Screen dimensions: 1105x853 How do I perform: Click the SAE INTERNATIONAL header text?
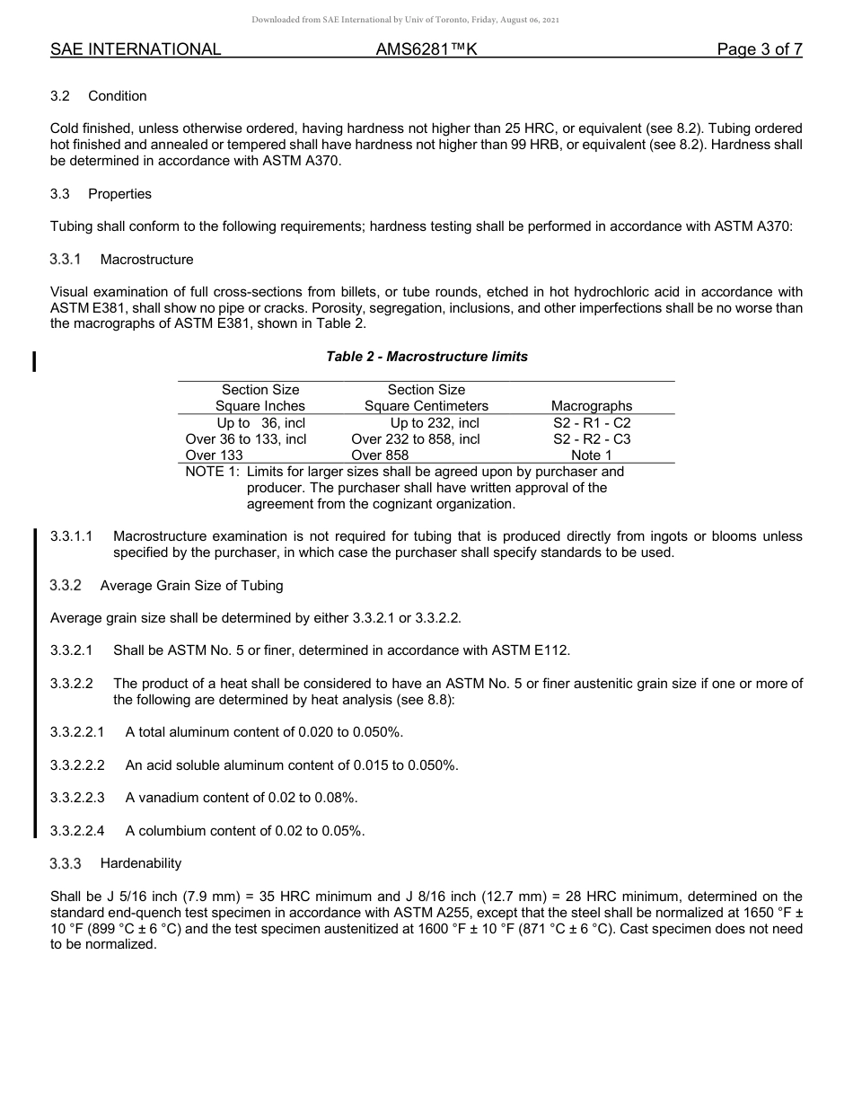point(136,49)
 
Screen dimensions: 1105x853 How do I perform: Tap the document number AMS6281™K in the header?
point(426,49)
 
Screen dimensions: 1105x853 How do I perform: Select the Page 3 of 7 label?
point(759,49)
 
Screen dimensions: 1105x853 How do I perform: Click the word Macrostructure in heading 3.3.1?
point(146,260)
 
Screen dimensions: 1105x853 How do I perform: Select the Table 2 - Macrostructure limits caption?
point(426,357)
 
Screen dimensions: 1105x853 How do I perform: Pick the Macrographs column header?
point(592,406)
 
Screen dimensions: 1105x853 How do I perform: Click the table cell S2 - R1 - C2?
point(592,422)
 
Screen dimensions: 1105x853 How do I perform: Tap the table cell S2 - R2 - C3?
point(592,439)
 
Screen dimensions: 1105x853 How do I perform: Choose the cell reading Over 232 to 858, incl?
point(416,439)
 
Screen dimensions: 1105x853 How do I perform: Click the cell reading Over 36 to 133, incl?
point(245,439)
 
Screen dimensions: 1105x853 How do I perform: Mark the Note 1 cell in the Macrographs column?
point(592,455)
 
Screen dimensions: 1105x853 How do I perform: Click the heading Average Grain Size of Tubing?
point(191,586)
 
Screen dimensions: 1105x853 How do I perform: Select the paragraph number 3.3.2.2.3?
point(78,798)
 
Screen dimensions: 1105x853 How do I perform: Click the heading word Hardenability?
point(141,863)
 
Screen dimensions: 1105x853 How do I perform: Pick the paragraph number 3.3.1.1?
point(72,536)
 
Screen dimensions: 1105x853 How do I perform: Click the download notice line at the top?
point(405,20)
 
